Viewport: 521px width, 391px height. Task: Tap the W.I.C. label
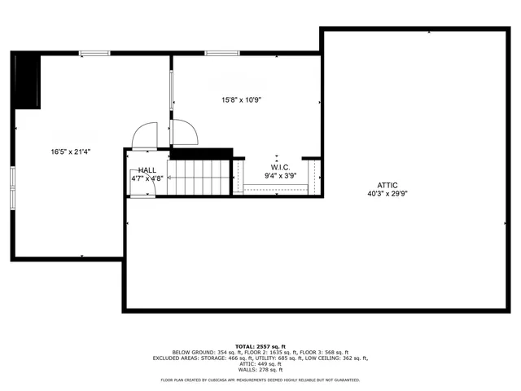pos(279,166)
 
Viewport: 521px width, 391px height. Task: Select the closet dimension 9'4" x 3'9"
pos(279,175)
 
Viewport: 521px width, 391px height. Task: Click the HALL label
pos(147,169)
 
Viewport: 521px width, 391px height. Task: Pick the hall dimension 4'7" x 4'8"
pos(147,178)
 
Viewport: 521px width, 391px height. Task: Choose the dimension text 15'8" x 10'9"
pos(241,100)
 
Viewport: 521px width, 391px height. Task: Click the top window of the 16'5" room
pos(94,55)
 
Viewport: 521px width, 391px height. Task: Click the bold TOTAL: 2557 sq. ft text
pos(260,346)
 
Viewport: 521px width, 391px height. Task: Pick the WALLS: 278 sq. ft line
pos(260,370)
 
